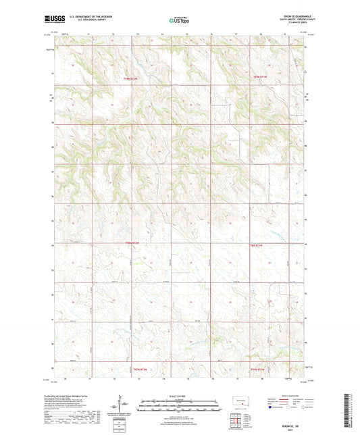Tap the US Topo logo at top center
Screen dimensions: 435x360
177,21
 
